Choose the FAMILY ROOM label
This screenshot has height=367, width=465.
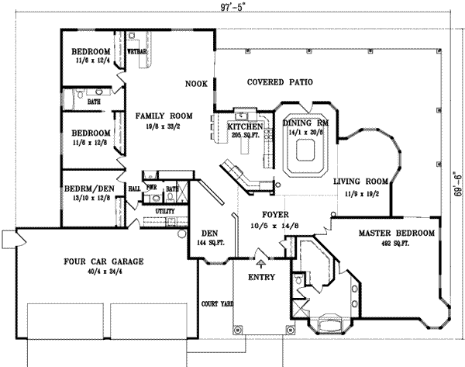tap(158, 116)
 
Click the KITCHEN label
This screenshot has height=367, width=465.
tap(242, 126)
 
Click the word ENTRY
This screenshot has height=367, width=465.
tap(261, 277)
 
